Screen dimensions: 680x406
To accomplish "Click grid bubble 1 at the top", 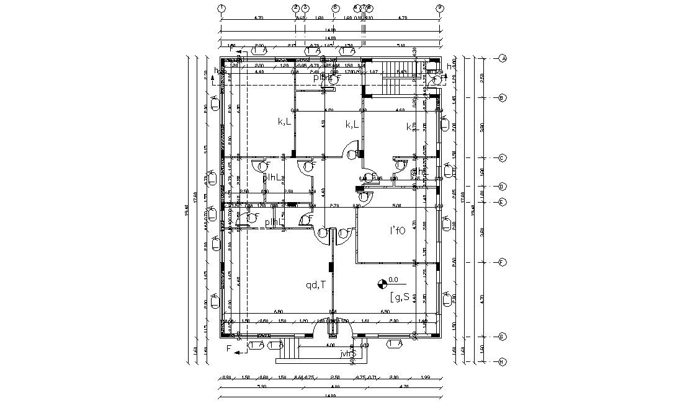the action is tap(221, 8).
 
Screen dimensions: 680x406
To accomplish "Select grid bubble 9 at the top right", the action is tap(440, 8).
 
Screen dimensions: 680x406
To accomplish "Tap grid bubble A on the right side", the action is tap(503, 58).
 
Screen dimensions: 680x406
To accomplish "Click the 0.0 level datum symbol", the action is tap(382, 285).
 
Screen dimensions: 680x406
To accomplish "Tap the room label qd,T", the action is tap(316, 286).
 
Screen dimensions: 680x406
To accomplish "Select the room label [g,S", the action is tap(399, 298).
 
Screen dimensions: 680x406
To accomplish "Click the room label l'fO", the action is tap(397, 231).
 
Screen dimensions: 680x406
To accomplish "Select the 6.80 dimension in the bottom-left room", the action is tap(279, 311).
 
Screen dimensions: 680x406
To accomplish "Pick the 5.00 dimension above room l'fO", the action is tap(397, 205).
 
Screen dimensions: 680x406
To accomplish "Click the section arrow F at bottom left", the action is tap(229, 349).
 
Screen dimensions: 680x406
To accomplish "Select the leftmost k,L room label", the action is tap(285, 122).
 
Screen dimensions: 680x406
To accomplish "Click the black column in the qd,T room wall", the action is tap(332, 267).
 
